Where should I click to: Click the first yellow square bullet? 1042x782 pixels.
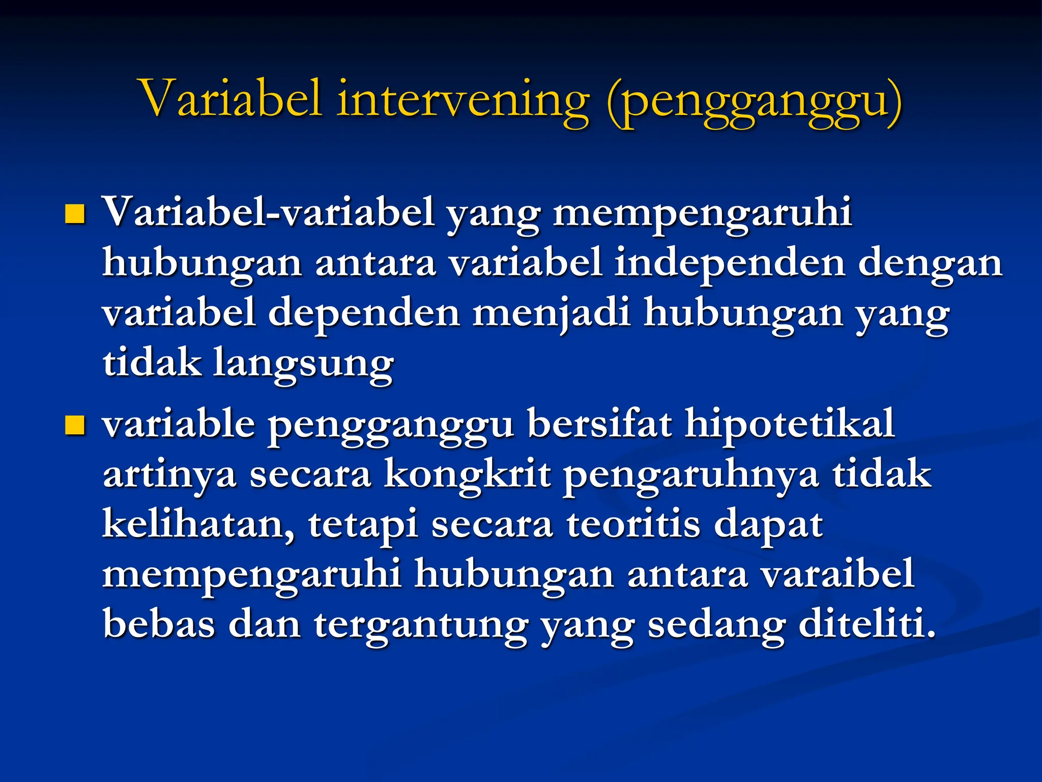75,214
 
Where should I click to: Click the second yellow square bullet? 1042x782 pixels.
75,426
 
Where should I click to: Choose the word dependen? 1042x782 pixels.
364,314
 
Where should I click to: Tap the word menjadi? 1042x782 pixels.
552,314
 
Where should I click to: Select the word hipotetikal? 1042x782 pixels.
789,425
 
